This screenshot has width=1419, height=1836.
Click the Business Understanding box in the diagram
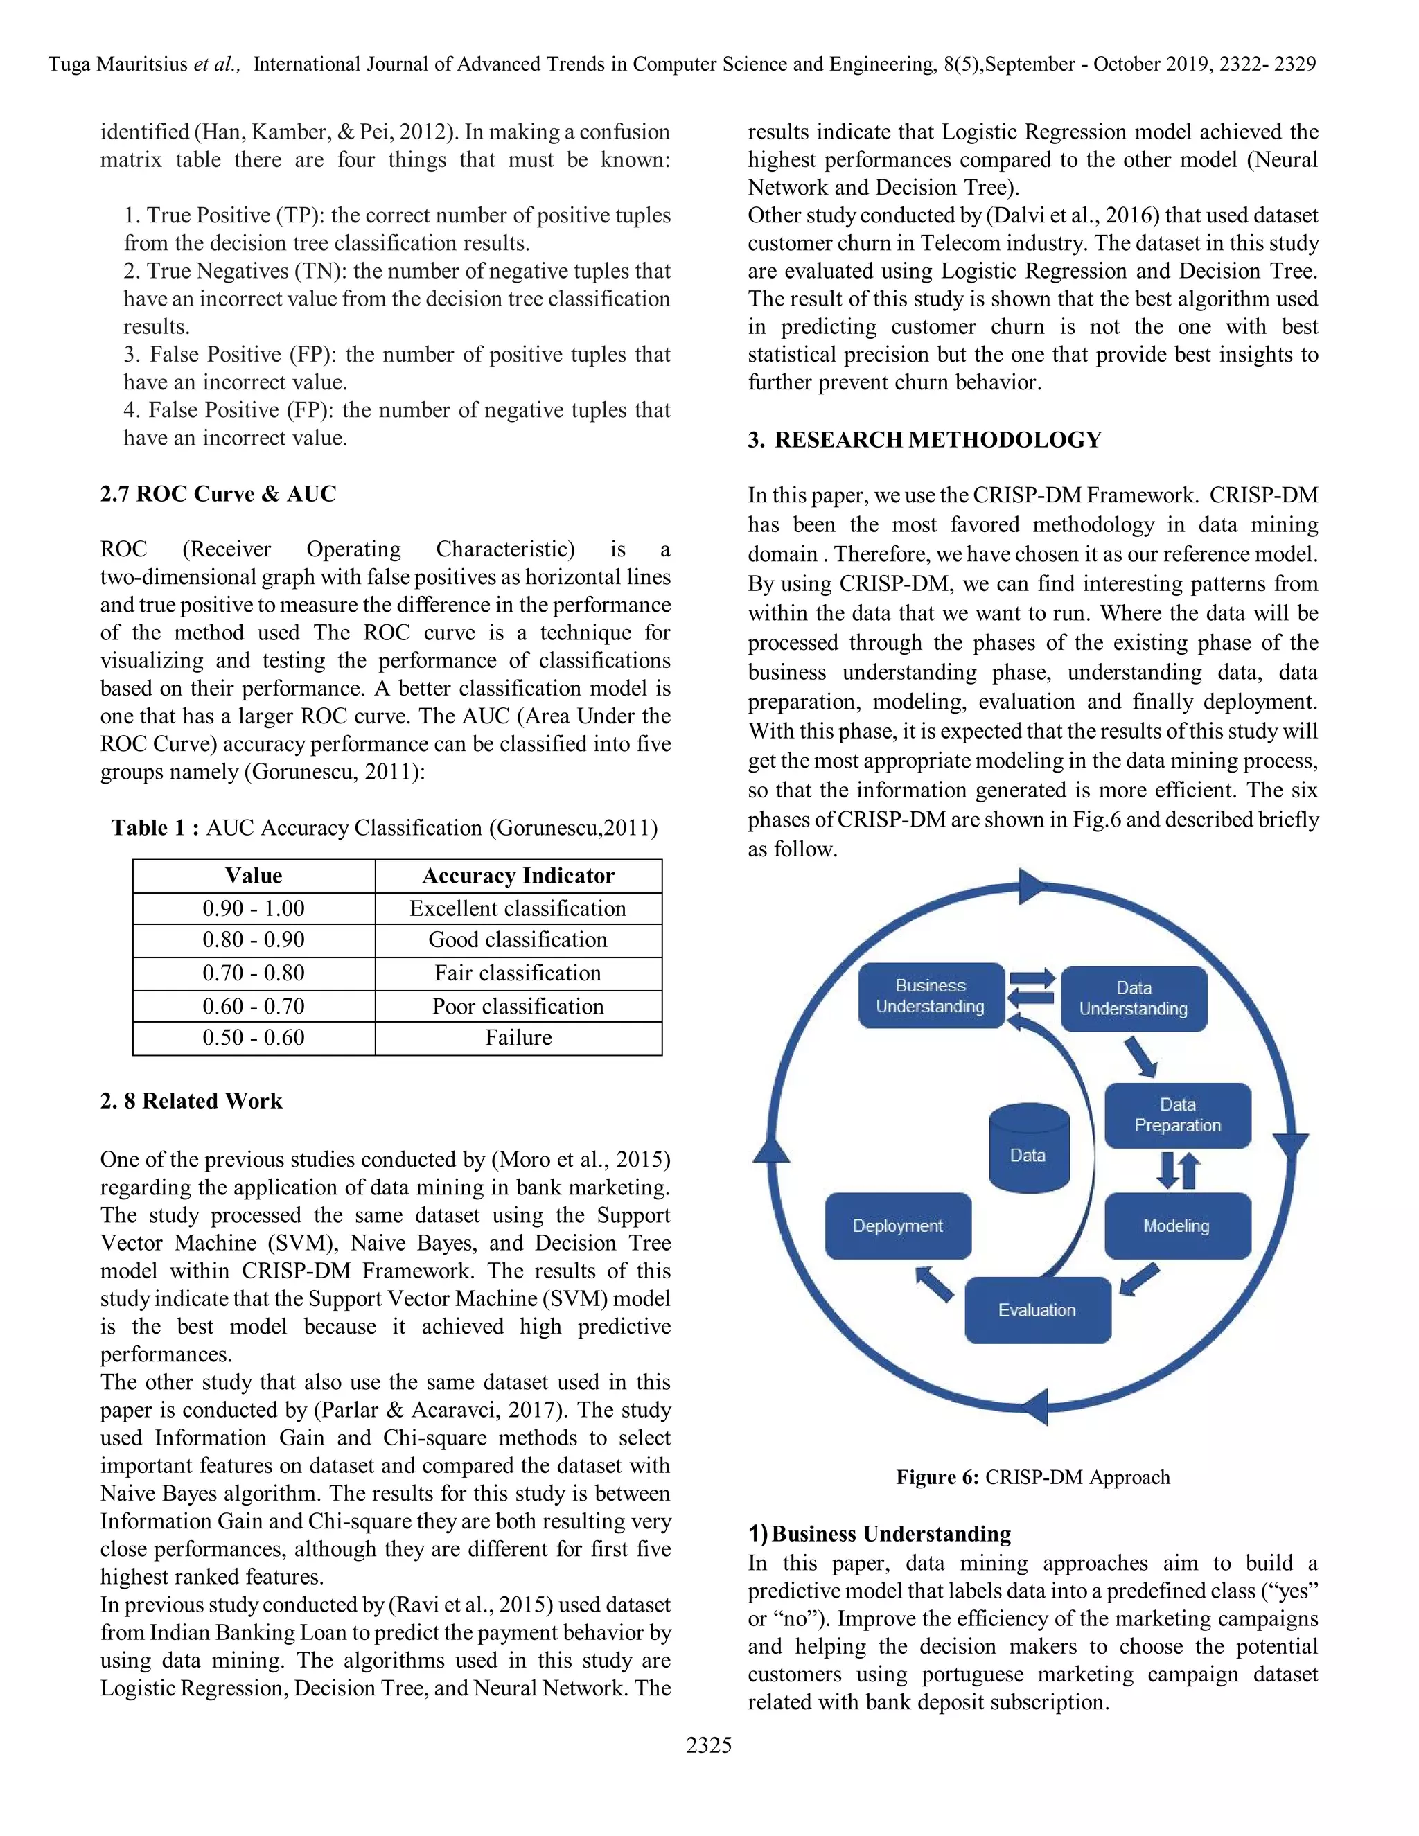[931, 996]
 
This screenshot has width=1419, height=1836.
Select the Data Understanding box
[1133, 998]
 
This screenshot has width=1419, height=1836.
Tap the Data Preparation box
[1177, 1115]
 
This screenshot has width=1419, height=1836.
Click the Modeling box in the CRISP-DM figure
[1177, 1226]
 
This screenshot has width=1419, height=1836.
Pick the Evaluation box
[1037, 1309]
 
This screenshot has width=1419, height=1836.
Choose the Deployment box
[898, 1226]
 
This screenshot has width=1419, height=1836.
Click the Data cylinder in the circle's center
[1028, 1148]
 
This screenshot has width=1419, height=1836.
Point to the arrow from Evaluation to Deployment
[934, 1284]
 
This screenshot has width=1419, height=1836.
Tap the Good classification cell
[518, 940]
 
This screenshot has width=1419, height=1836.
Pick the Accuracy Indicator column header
[518, 876]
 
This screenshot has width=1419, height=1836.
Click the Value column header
[253, 876]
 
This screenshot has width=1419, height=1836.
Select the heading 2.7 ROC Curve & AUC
[218, 493]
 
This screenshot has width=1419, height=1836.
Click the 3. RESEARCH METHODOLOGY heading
[925, 440]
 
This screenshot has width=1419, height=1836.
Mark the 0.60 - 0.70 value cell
[253, 1005]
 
